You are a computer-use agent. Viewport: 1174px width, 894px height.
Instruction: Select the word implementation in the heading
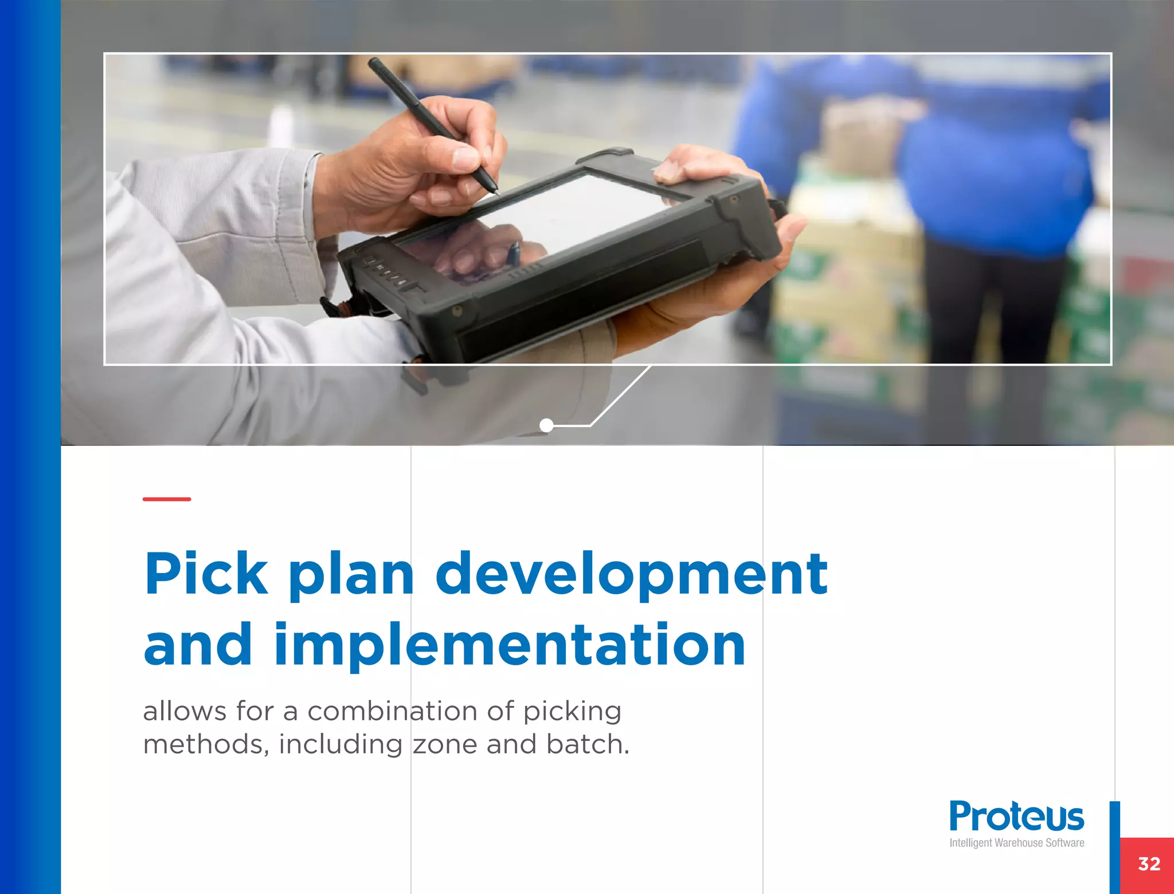click(510, 646)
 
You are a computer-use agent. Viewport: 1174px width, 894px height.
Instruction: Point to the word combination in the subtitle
click(392, 711)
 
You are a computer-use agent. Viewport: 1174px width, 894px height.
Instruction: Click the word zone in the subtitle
click(445, 744)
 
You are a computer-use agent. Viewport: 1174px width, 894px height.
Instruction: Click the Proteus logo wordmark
click(1016, 816)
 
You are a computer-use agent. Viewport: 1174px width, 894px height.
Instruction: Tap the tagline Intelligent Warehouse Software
click(1016, 843)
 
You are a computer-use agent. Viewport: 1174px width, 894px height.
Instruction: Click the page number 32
click(1149, 864)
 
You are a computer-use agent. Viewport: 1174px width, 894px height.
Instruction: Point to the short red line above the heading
click(167, 499)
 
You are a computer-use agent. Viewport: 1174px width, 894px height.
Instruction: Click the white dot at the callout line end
click(546, 425)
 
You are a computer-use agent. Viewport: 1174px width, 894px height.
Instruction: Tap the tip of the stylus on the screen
click(497, 193)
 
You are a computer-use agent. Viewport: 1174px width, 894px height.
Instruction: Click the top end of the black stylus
click(372, 61)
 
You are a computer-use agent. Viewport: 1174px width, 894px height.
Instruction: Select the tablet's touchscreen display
click(550, 223)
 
